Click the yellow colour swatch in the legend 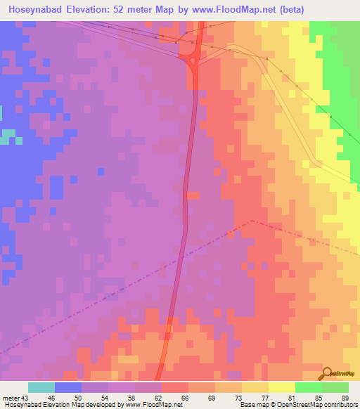(x=282, y=387)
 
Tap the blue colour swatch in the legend (x=68, y=387)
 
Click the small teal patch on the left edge (x=7, y=137)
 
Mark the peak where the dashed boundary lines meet (x=251, y=220)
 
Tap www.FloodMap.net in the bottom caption (x=149, y=405)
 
